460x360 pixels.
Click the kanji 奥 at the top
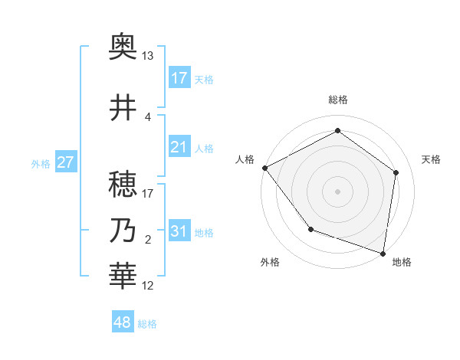pyautogui.click(x=123, y=48)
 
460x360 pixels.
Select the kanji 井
pyautogui.click(x=123, y=108)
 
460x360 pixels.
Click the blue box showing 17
pyautogui.click(x=179, y=77)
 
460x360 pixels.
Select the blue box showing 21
pyautogui.click(x=179, y=147)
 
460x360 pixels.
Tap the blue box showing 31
pyautogui.click(x=179, y=231)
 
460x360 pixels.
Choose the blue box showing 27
pyautogui.click(x=65, y=162)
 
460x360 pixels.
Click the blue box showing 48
pyautogui.click(x=123, y=322)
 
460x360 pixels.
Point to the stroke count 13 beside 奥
pyautogui.click(x=148, y=56)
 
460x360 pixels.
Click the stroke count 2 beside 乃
pyautogui.click(x=148, y=240)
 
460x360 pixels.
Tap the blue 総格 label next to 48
pyautogui.click(x=147, y=324)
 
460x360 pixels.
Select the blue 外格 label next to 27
pyautogui.click(x=41, y=163)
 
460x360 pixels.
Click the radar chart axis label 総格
pyautogui.click(x=337, y=100)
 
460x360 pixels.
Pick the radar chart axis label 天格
pyautogui.click(x=431, y=159)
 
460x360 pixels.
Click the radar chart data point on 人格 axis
pyautogui.click(x=264, y=168)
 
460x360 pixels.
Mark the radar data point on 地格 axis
pyautogui.click(x=383, y=253)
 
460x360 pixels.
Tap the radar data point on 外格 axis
pyautogui.click(x=310, y=228)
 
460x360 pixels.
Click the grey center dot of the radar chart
pyautogui.click(x=337, y=191)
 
